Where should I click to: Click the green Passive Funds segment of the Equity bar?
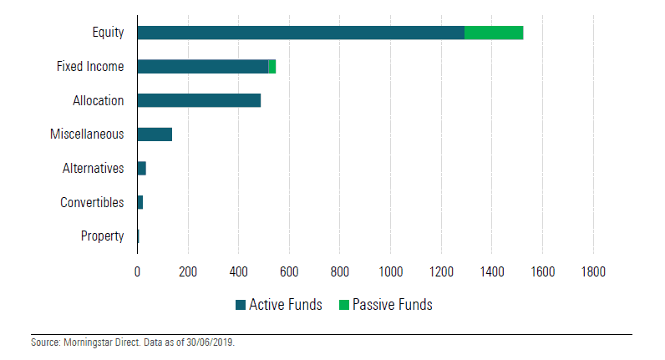[x=493, y=33]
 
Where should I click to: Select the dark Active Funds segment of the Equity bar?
[x=301, y=33]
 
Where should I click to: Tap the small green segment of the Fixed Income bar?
[x=272, y=67]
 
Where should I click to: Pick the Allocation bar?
[x=199, y=100]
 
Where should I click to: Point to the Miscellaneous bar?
[x=155, y=134]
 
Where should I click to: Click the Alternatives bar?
[x=141, y=169]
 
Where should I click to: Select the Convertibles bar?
[x=140, y=202]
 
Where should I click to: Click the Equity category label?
[x=108, y=33]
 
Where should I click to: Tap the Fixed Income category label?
[x=90, y=67]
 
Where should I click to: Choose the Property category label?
[x=102, y=236]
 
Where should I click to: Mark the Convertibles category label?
[x=92, y=202]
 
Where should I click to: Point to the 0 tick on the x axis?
[x=137, y=271]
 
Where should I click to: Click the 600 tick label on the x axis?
[x=289, y=271]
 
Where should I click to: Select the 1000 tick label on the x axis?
[x=390, y=271]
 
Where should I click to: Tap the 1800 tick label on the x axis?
[x=593, y=271]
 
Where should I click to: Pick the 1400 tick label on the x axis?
[x=491, y=271]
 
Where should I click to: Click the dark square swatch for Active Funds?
[x=241, y=305]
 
